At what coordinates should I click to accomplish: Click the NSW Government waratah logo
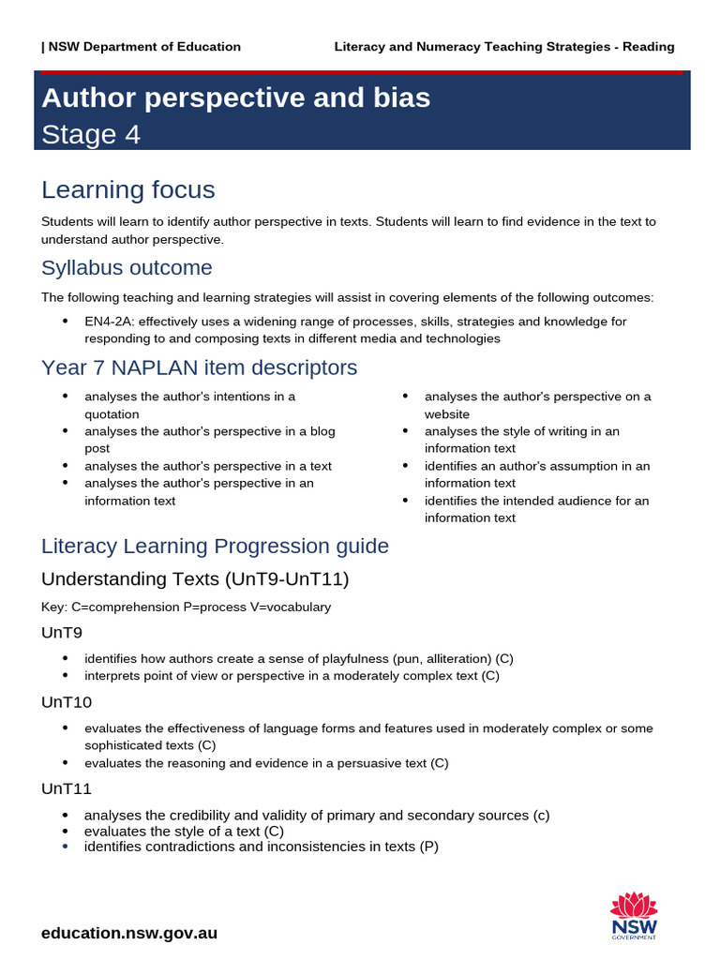coord(634,915)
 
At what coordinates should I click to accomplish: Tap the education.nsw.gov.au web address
coord(129,933)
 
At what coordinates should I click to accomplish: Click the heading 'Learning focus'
coord(128,189)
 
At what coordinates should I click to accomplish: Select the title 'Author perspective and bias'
coord(236,97)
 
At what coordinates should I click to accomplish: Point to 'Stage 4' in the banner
coord(91,135)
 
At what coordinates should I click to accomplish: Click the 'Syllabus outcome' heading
coord(127,268)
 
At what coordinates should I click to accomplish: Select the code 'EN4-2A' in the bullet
coord(108,321)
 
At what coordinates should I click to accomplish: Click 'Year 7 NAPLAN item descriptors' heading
coord(199,367)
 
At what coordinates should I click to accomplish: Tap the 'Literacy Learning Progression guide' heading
coord(215,546)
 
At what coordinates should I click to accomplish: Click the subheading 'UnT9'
coord(62,633)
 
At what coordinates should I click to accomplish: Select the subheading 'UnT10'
coord(66,702)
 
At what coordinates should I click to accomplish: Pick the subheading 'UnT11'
coord(66,789)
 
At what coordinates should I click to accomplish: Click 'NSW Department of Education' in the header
coord(143,47)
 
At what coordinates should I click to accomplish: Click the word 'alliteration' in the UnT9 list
coord(457,658)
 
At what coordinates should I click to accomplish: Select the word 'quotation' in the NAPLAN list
coord(112,414)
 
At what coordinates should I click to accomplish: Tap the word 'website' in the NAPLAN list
coord(447,414)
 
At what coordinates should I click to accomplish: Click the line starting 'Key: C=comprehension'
coord(186,607)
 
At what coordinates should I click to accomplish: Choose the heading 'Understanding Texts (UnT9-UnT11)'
coord(195,579)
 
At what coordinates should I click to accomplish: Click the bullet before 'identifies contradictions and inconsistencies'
coord(65,847)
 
